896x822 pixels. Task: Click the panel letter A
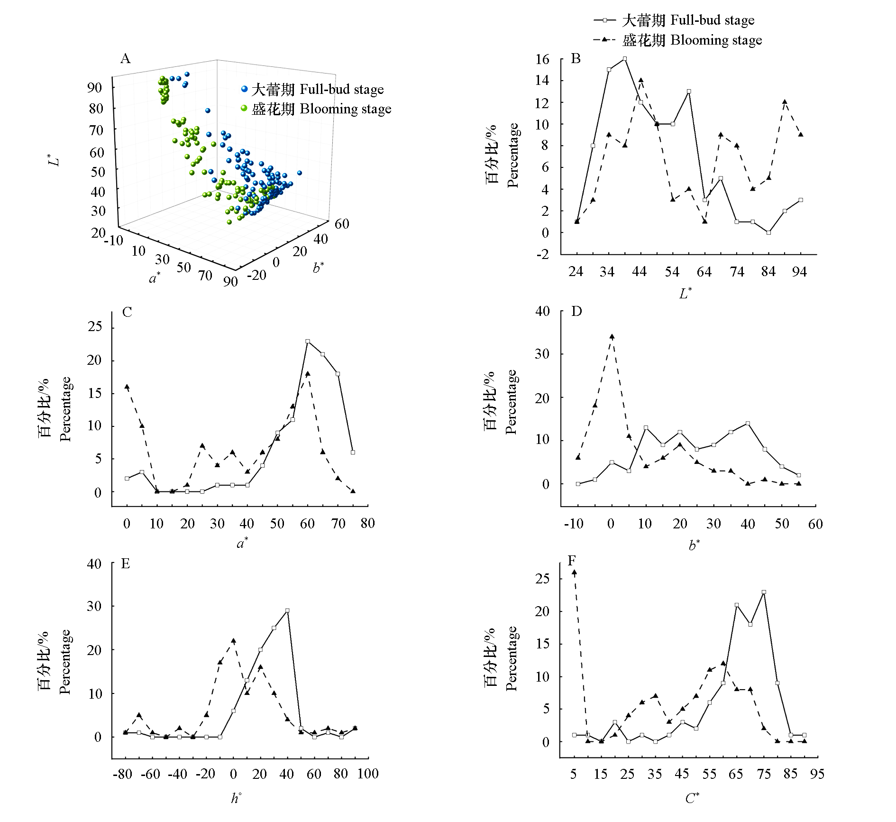(126, 58)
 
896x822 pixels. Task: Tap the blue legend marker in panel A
(244, 89)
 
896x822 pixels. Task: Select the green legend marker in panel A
(244, 109)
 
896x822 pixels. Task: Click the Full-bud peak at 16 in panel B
(625, 59)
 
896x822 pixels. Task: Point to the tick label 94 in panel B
(799, 271)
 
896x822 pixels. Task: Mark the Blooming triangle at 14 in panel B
(641, 80)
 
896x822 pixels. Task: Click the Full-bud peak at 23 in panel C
(308, 341)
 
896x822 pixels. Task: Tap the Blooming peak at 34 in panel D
(612, 337)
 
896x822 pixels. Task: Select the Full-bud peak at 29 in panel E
(287, 610)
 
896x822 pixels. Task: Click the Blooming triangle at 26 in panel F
(574, 573)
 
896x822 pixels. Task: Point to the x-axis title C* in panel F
(692, 798)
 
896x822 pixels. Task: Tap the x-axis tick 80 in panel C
(367, 523)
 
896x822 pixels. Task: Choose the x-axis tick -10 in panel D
(574, 524)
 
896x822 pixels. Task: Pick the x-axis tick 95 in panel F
(817, 774)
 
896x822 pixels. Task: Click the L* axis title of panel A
(56, 159)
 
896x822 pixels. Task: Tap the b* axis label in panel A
(318, 268)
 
